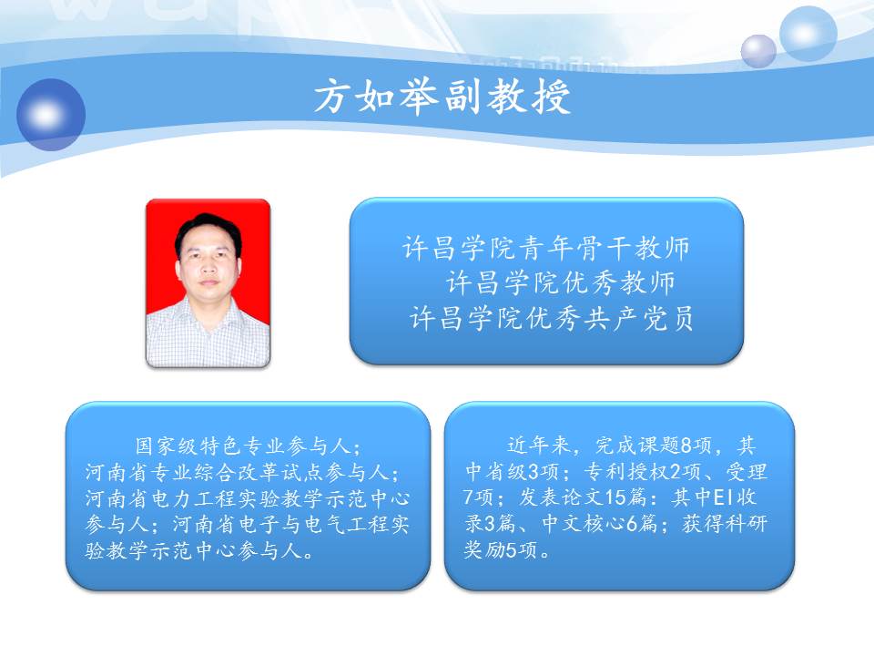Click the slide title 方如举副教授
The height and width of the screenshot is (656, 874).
tap(442, 97)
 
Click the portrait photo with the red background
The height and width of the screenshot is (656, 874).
tap(208, 282)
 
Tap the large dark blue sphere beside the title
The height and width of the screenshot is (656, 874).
tap(51, 115)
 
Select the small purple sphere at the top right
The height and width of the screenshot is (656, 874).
tap(758, 51)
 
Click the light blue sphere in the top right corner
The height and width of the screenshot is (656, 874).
tap(808, 34)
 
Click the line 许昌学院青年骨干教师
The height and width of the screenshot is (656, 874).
tap(545, 248)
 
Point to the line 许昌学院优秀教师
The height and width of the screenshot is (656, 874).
tap(560, 282)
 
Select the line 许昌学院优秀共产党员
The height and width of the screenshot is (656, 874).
tap(552, 319)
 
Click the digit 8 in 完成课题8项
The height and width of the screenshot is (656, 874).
tap(686, 446)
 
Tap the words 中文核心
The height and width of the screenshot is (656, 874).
tap(584, 524)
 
